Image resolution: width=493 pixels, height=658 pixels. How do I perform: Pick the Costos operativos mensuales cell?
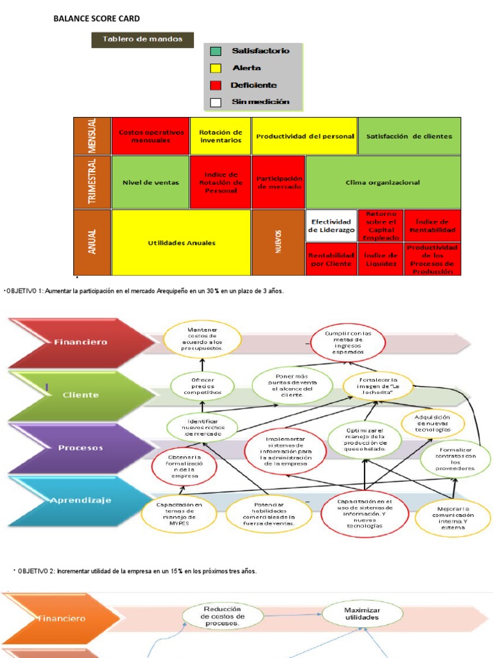pos(151,136)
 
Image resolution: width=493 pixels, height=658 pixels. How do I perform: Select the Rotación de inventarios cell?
pos(220,136)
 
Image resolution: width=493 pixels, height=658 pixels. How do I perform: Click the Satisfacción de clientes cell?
pos(409,136)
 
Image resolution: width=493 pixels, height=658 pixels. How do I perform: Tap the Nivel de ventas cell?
pos(151,182)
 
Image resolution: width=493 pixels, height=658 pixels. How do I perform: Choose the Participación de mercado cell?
pos(279,182)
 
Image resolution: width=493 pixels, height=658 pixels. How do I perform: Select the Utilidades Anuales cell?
pos(182,243)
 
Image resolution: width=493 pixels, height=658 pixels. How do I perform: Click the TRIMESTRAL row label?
pos(92,182)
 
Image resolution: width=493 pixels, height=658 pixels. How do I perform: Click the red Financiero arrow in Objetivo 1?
pos(71,342)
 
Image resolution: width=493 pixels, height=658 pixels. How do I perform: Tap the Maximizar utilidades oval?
pos(362,614)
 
